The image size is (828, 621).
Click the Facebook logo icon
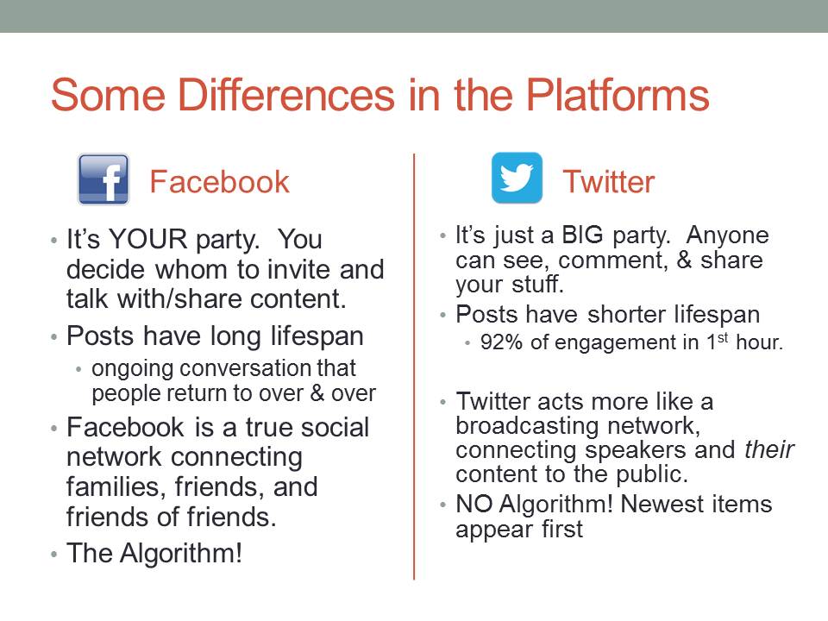tap(103, 179)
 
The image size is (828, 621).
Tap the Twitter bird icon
tap(517, 178)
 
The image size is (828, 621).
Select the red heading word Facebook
tap(219, 182)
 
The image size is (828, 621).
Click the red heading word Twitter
tap(608, 182)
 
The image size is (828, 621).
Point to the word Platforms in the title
tap(618, 95)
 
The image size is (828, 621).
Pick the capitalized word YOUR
tap(147, 239)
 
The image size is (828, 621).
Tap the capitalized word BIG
tap(582, 235)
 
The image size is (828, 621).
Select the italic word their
tap(768, 450)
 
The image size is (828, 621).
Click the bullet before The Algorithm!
tap(53, 555)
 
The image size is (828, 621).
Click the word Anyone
tap(728, 235)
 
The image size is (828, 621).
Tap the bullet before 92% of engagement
tap(467, 343)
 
